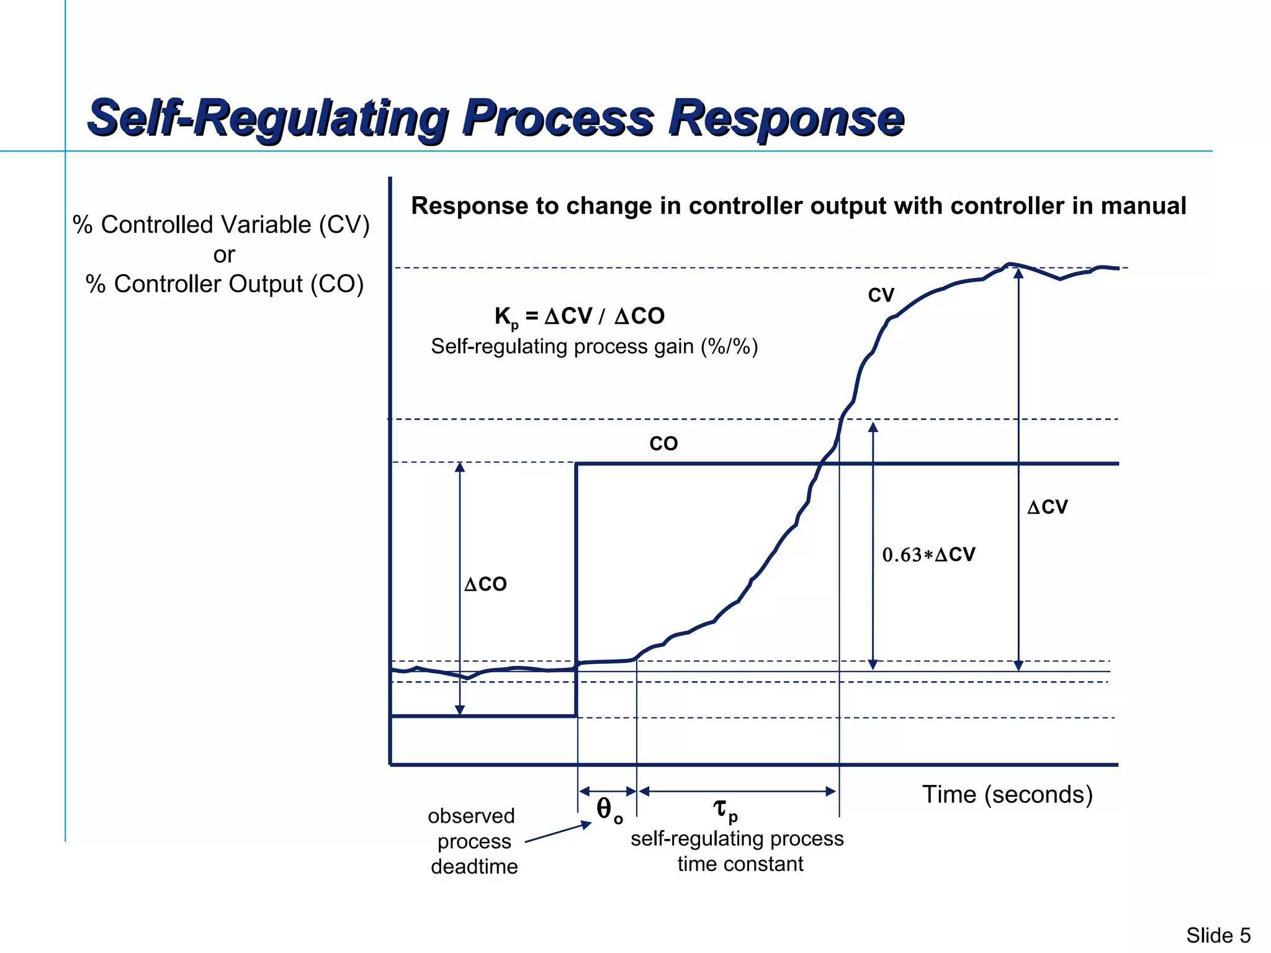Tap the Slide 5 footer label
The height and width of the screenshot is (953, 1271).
pyautogui.click(x=1218, y=935)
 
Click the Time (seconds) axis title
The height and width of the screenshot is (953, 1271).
pyautogui.click(x=1007, y=794)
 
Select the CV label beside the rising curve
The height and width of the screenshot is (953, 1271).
pyautogui.click(x=881, y=295)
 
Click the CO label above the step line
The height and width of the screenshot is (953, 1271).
pyautogui.click(x=663, y=444)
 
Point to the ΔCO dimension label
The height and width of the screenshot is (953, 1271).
pyautogui.click(x=485, y=584)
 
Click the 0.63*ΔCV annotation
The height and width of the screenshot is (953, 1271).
pyautogui.click(x=928, y=554)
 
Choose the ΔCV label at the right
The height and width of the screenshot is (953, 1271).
pyautogui.click(x=1047, y=507)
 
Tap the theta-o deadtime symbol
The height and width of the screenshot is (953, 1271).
pyautogui.click(x=608, y=810)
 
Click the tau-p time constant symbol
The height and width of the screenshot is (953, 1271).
pyautogui.click(x=724, y=809)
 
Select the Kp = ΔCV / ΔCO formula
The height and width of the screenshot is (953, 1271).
pyautogui.click(x=579, y=316)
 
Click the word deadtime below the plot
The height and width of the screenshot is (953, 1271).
pyautogui.click(x=474, y=866)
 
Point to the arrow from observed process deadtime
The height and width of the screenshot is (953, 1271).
pyautogui.click(x=558, y=833)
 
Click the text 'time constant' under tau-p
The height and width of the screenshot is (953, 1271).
pyautogui.click(x=740, y=864)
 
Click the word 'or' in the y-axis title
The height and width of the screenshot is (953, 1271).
pyautogui.click(x=224, y=254)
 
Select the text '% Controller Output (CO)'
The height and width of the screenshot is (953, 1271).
pyautogui.click(x=224, y=284)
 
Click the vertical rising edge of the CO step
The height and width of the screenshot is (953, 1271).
pyautogui.click(x=577, y=589)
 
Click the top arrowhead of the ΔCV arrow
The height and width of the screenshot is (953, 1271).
pyautogui.click(x=1018, y=273)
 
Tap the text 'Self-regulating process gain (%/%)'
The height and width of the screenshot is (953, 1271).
pyautogui.click(x=594, y=346)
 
